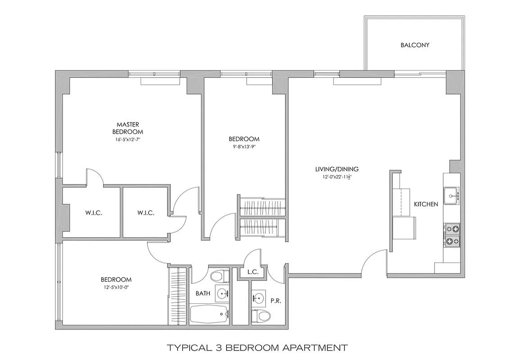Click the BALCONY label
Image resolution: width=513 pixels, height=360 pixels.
pos(415,45)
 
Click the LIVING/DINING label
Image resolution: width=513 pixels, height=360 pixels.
pos(336,169)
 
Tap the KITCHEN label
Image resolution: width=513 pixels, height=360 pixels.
pos(426,204)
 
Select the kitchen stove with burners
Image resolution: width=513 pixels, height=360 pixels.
pos(452,235)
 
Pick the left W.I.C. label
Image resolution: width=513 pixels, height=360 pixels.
pos(93,213)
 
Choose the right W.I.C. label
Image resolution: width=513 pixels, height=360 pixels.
pos(146,213)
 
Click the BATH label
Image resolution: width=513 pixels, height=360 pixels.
pos(203,293)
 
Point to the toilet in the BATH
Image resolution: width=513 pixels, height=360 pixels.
pos(218,274)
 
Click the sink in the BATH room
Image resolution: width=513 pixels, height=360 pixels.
pos(222,294)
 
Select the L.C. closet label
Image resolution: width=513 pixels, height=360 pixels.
pos(252,273)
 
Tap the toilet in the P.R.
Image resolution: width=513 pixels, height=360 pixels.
pos(261,316)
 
